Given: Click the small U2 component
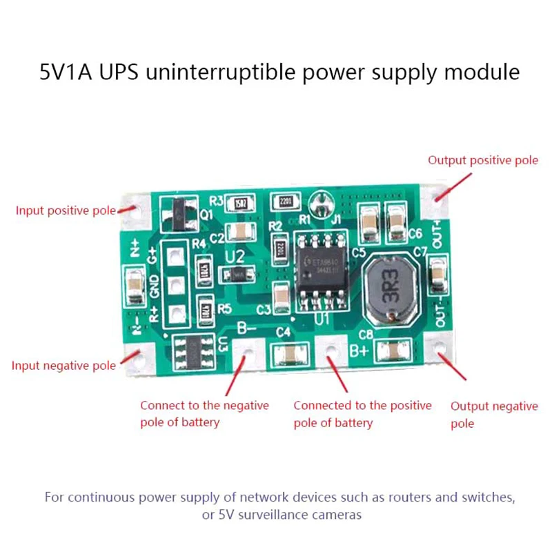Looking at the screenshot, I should [x=237, y=274].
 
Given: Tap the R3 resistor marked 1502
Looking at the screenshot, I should [x=241, y=202].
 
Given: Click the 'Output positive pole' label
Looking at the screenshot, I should [x=482, y=160].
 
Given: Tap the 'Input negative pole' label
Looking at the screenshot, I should [x=63, y=365].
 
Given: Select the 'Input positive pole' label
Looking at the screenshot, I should [x=66, y=210].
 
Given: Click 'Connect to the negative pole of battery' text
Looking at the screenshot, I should [x=204, y=413].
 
